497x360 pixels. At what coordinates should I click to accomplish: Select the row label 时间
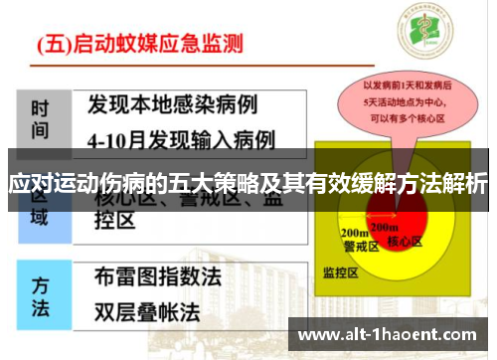pos(40,117)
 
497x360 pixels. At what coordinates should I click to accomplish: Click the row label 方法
pos(40,295)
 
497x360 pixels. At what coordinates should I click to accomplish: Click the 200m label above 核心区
pos(402,228)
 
